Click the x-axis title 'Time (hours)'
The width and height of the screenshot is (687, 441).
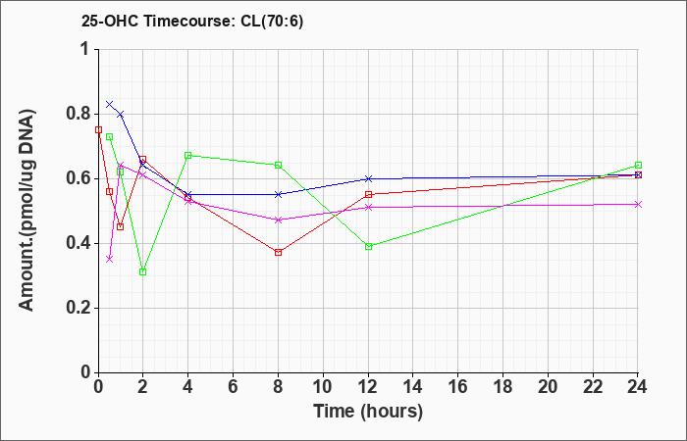coord(368,412)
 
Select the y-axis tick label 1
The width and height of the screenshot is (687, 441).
coord(84,49)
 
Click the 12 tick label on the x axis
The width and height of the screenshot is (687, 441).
coord(368,387)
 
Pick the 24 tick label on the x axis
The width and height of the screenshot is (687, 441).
coord(638,387)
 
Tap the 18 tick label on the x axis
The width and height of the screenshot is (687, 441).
coord(503,387)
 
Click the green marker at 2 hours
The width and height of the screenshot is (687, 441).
coord(143,271)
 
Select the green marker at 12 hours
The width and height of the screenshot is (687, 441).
coord(368,246)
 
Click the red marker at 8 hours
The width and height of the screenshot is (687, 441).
coord(279,253)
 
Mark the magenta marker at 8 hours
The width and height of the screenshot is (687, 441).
coord(279,220)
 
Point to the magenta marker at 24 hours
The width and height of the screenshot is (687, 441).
coord(638,204)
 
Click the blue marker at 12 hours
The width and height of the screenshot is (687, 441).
coord(368,178)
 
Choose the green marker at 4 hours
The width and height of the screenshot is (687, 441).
coord(188,155)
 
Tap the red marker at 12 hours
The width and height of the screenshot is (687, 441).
coord(368,194)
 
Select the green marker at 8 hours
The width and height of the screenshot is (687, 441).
coord(279,165)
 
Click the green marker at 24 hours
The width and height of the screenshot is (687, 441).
coord(638,166)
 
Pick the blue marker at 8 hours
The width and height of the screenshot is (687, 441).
coord(279,194)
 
